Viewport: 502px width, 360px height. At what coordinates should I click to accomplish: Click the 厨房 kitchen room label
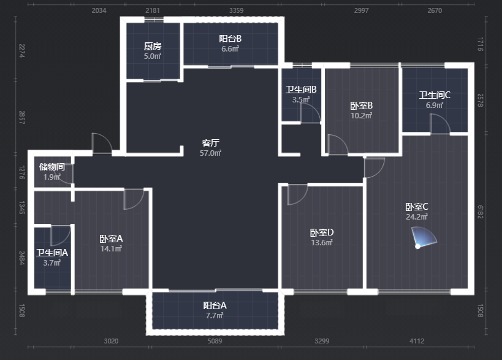click(x=153, y=47)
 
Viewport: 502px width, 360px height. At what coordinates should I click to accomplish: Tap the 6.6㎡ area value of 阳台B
click(x=230, y=49)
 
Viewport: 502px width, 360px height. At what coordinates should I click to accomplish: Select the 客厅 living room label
click(x=210, y=143)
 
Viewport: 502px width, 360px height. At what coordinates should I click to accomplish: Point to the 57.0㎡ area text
click(x=210, y=153)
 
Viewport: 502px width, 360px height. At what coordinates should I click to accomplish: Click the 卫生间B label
click(x=301, y=90)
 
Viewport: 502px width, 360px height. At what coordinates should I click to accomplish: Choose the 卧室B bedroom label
click(x=361, y=105)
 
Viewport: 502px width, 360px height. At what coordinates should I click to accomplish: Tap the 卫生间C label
click(x=435, y=95)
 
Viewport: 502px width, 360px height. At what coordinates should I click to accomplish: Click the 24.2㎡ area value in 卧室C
click(x=417, y=217)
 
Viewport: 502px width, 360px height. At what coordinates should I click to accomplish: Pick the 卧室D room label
click(x=322, y=232)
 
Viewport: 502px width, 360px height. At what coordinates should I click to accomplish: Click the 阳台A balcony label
click(x=215, y=305)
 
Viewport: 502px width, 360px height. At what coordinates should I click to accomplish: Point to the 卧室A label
click(x=111, y=239)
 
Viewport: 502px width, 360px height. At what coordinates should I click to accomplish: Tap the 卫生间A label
click(x=52, y=253)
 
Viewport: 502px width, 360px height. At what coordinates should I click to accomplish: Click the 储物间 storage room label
click(x=52, y=167)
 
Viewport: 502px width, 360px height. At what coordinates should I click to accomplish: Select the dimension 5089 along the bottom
click(x=215, y=341)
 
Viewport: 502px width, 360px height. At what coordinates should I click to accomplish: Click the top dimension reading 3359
click(x=236, y=10)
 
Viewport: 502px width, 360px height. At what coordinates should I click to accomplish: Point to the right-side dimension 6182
click(x=480, y=212)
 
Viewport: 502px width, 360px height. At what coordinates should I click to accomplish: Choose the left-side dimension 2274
click(x=21, y=51)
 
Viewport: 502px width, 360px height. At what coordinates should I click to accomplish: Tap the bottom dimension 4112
click(x=417, y=341)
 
